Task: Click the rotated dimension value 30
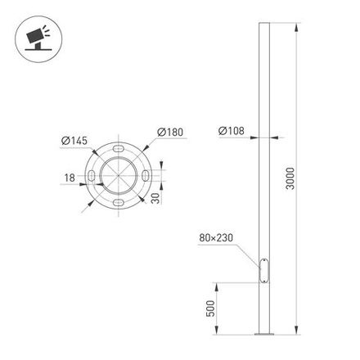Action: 155,198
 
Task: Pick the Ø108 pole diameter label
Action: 233,130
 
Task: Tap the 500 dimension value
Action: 210,309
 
